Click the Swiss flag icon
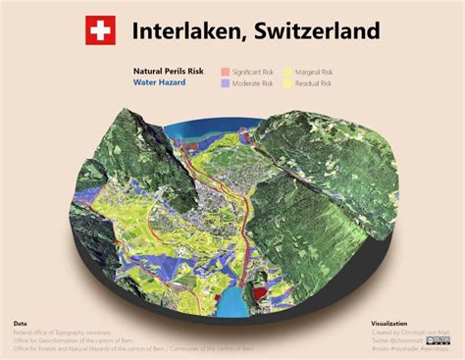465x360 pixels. pos(98,30)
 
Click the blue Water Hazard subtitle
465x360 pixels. pos(160,83)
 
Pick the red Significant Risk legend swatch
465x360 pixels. pos(225,72)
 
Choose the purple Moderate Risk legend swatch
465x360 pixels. pos(225,83)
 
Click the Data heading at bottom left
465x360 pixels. pos(21,323)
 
